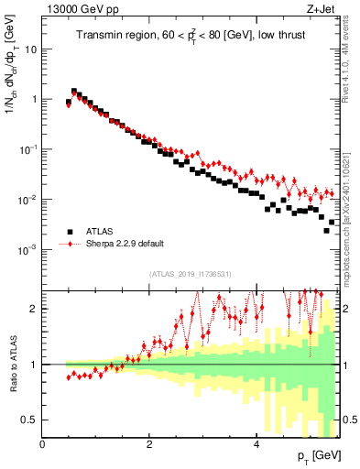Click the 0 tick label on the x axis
coord(43,444)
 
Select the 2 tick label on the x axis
coord(149,444)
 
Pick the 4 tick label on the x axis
coord(256,444)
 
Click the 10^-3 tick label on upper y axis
coord(28,248)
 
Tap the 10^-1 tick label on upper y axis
coord(28,148)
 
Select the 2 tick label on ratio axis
coord(35,309)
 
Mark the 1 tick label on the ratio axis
coord(35,365)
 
